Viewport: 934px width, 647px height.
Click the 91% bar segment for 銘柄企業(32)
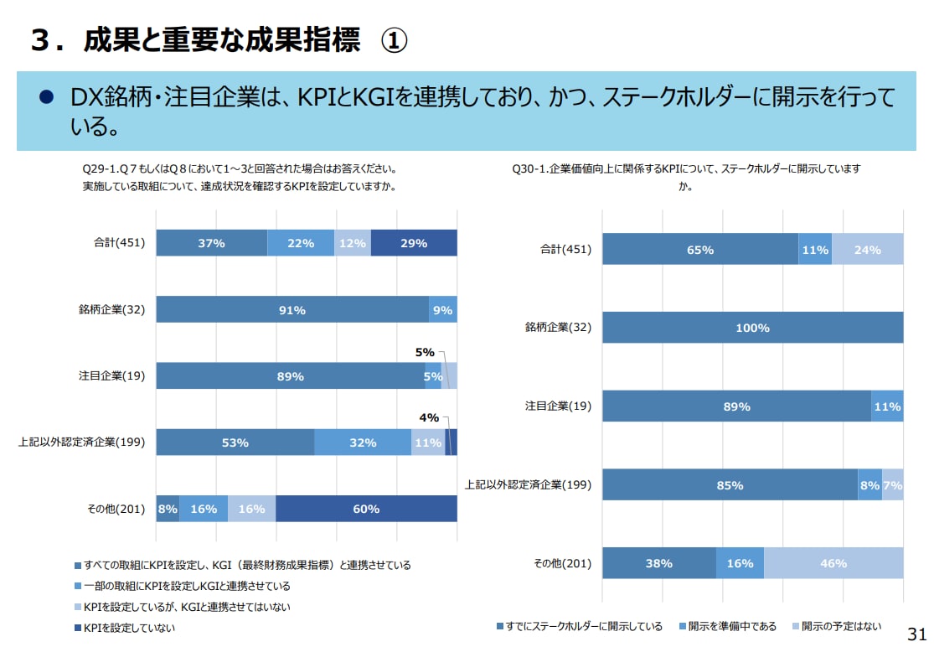point(292,310)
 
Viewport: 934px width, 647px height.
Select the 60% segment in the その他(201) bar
point(366,509)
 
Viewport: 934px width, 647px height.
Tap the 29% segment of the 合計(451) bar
point(414,243)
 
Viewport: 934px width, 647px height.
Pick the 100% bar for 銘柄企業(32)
point(752,328)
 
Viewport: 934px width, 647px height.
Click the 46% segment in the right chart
point(833,563)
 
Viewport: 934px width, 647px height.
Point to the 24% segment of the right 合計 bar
point(867,250)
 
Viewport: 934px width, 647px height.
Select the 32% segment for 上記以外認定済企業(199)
point(363,443)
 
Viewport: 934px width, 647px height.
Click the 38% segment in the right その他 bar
point(659,563)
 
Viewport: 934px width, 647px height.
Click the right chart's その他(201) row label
point(563,563)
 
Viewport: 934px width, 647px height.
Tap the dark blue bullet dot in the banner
point(47,97)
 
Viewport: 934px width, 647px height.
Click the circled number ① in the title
point(394,40)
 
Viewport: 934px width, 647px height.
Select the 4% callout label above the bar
point(429,417)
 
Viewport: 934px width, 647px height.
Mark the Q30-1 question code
point(529,168)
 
